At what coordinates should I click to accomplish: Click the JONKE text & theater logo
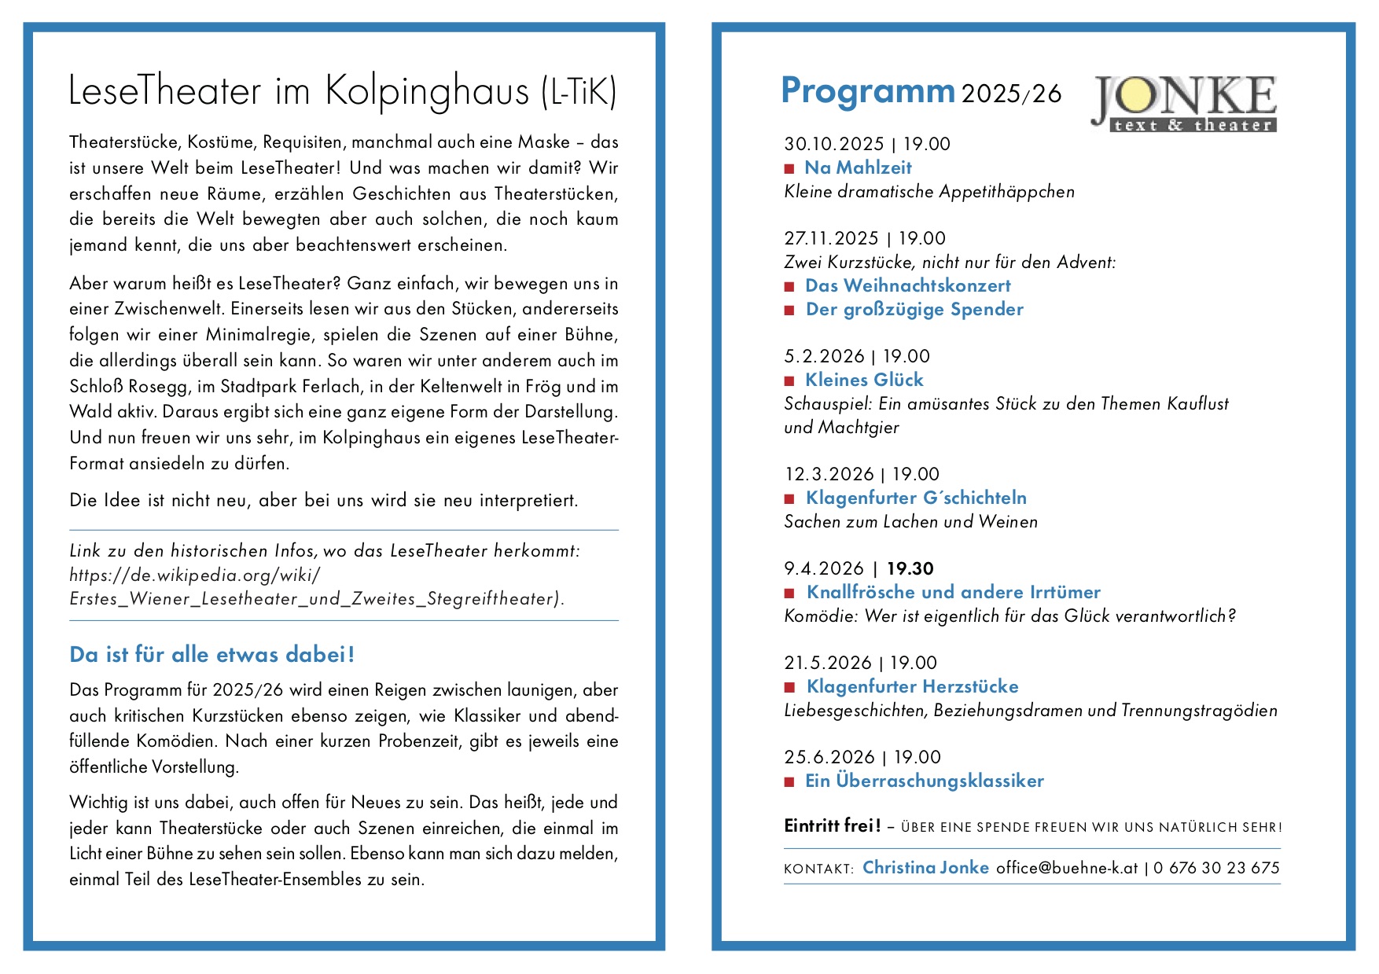click(x=1184, y=103)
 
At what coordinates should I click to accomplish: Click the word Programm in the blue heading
click(x=867, y=91)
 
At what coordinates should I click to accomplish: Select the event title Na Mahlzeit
click(x=858, y=167)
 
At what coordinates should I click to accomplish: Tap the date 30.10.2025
click(x=834, y=144)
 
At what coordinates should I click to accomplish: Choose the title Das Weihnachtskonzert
click(x=908, y=285)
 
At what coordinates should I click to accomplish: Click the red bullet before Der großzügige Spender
click(x=789, y=311)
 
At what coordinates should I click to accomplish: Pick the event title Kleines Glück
click(x=864, y=380)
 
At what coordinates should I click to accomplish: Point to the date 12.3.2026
click(x=829, y=474)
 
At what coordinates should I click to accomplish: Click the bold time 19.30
click(x=910, y=568)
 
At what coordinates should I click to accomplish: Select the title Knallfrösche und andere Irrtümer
click(x=954, y=592)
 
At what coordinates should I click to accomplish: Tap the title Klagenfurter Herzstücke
click(x=912, y=686)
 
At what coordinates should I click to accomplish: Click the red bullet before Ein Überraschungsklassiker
click(x=789, y=782)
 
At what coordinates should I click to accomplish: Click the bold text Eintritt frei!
click(x=832, y=825)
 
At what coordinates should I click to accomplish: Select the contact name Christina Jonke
click(x=925, y=867)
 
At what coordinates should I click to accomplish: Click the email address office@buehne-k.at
click(x=1067, y=868)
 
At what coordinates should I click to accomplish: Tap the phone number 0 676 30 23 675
click(x=1216, y=868)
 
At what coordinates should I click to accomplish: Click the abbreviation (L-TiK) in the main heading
click(x=579, y=92)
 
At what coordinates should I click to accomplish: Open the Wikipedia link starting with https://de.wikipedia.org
click(x=195, y=575)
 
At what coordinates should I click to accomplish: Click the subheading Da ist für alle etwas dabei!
click(x=212, y=654)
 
